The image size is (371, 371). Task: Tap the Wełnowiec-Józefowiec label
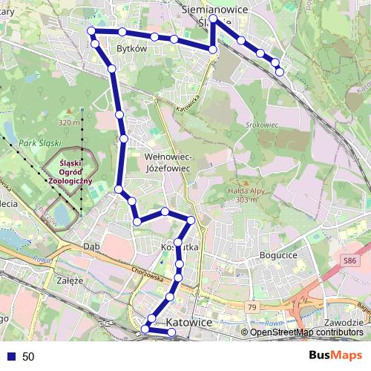[169, 163]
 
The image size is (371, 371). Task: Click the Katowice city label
[189, 323]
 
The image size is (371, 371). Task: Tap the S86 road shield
[350, 260]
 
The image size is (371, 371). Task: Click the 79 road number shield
[251, 307]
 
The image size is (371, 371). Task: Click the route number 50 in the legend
[28, 357]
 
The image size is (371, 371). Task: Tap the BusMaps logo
[336, 356]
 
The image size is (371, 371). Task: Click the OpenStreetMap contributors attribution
[306, 332]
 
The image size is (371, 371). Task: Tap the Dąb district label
[91, 246]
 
